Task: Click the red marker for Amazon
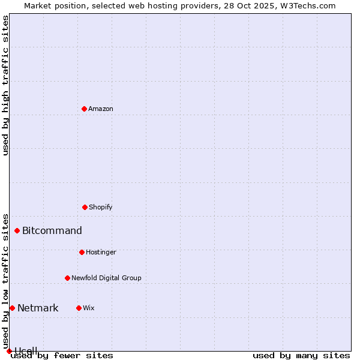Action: coord(84,109)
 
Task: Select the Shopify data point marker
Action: coord(85,207)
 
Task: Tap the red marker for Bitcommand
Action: coord(17,230)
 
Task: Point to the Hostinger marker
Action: coord(82,252)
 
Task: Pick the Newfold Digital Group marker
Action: coord(67,278)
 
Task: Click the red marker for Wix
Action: coord(79,308)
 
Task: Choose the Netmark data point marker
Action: coord(12,308)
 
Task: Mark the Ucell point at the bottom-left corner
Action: coord(9,351)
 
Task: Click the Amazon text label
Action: coord(101,109)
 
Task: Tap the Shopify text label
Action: coord(101,207)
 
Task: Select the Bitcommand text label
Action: coord(52,230)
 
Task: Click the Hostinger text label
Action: coord(101,252)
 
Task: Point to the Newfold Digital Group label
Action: coord(106,278)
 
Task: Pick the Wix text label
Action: coord(89,308)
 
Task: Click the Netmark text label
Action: coord(38,308)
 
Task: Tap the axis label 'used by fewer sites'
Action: coord(62,356)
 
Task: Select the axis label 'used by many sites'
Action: coord(301,356)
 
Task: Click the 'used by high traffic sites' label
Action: coord(5,85)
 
